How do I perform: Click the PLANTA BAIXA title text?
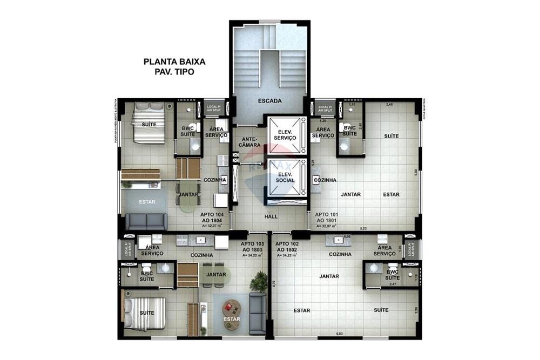[x=174, y=62]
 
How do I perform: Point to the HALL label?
[x=271, y=216]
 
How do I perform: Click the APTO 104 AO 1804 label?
[x=211, y=217]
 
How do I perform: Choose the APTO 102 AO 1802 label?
[x=288, y=248]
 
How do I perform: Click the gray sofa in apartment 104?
[x=146, y=221]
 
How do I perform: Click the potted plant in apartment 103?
[x=260, y=280]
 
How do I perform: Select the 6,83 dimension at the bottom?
[x=340, y=334]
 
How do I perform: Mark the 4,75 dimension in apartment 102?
[x=274, y=284]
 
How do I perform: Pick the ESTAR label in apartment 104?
[x=147, y=202]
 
